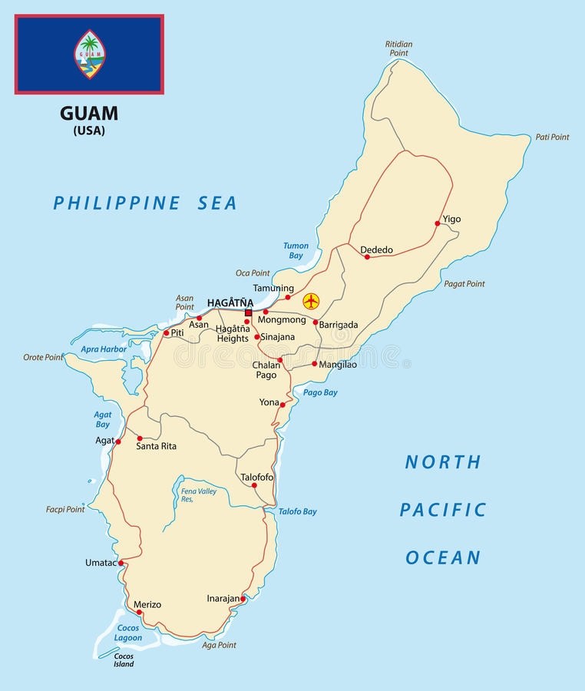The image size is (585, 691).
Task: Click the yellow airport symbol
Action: [x=310, y=301]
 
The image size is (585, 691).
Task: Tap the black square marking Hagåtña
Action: [x=248, y=312]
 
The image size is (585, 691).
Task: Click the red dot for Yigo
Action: [x=437, y=223]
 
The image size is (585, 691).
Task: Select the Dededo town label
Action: [x=376, y=250]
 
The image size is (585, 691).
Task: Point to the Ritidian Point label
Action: [x=398, y=48]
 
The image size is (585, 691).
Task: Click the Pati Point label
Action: [x=552, y=137]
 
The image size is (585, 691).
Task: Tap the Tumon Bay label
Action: [x=296, y=251]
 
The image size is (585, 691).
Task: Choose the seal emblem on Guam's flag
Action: [x=90, y=55]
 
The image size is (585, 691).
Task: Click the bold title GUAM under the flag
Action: [x=89, y=114]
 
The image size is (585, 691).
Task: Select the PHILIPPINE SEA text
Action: [x=145, y=203]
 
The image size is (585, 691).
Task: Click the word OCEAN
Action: [x=443, y=557]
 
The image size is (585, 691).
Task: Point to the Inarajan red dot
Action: [x=243, y=599]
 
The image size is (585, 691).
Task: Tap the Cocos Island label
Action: [x=124, y=660]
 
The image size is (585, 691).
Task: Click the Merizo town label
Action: [x=147, y=604]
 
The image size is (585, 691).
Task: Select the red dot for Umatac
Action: [x=121, y=563]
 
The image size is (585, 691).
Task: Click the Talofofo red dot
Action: [x=254, y=485]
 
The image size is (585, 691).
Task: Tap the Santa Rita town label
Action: [x=157, y=445]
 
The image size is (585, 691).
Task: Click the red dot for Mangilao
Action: [x=314, y=364]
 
